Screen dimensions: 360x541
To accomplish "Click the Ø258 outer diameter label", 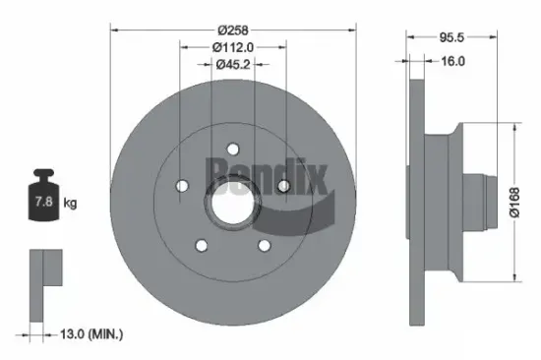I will (232, 30).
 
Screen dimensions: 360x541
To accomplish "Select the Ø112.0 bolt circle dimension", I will (232, 47).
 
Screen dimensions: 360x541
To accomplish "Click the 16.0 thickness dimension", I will (453, 60).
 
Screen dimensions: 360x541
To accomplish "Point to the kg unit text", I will (70, 204).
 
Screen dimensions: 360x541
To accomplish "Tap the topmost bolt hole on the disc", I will (232, 150).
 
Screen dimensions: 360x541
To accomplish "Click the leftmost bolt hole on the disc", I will (181, 186).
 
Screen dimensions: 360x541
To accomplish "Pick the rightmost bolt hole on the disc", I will (282, 186).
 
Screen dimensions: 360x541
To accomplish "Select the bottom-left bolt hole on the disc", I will (201, 245).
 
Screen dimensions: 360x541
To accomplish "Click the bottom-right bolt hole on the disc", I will (264, 245).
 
